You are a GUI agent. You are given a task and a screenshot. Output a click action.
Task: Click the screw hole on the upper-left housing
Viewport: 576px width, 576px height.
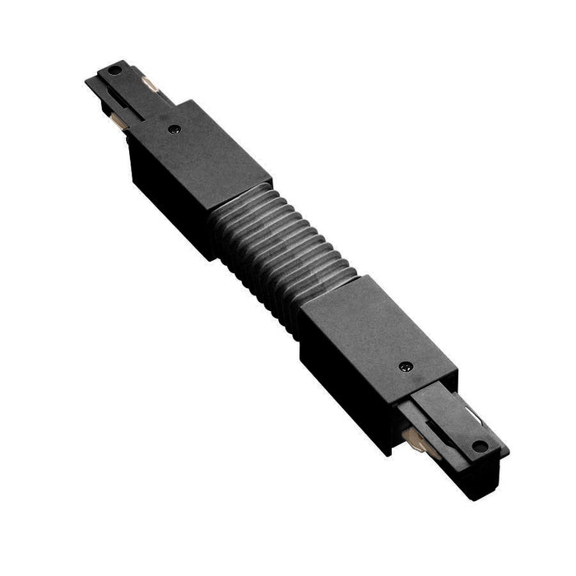(x=174, y=128)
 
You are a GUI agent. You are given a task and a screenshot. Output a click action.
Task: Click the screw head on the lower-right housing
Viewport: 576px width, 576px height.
(x=404, y=367)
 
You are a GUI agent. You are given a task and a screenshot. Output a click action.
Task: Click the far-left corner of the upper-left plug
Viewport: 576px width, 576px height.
(x=86, y=80)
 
